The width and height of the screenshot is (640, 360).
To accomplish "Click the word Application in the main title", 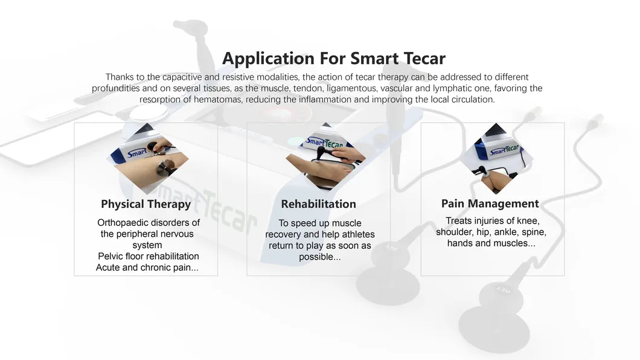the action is [x=269, y=59].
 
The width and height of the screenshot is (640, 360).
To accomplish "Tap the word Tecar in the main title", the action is [x=424, y=59].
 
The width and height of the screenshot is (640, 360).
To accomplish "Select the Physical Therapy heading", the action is [x=146, y=205].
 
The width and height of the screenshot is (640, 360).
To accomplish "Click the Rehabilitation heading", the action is [x=318, y=204].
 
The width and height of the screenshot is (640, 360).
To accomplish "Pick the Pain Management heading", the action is [x=490, y=204].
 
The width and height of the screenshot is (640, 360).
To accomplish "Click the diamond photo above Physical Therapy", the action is [x=147, y=158].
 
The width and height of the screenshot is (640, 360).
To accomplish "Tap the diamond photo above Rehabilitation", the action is [x=325, y=156].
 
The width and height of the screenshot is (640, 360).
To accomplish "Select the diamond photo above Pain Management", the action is [x=496, y=158].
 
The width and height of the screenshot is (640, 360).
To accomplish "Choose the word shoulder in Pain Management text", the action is [x=455, y=232].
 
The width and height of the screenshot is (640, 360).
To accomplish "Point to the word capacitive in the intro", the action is [x=182, y=77].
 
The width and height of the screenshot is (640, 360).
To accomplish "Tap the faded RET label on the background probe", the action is [x=503, y=290].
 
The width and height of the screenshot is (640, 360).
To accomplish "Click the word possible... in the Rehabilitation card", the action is [x=319, y=257].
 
